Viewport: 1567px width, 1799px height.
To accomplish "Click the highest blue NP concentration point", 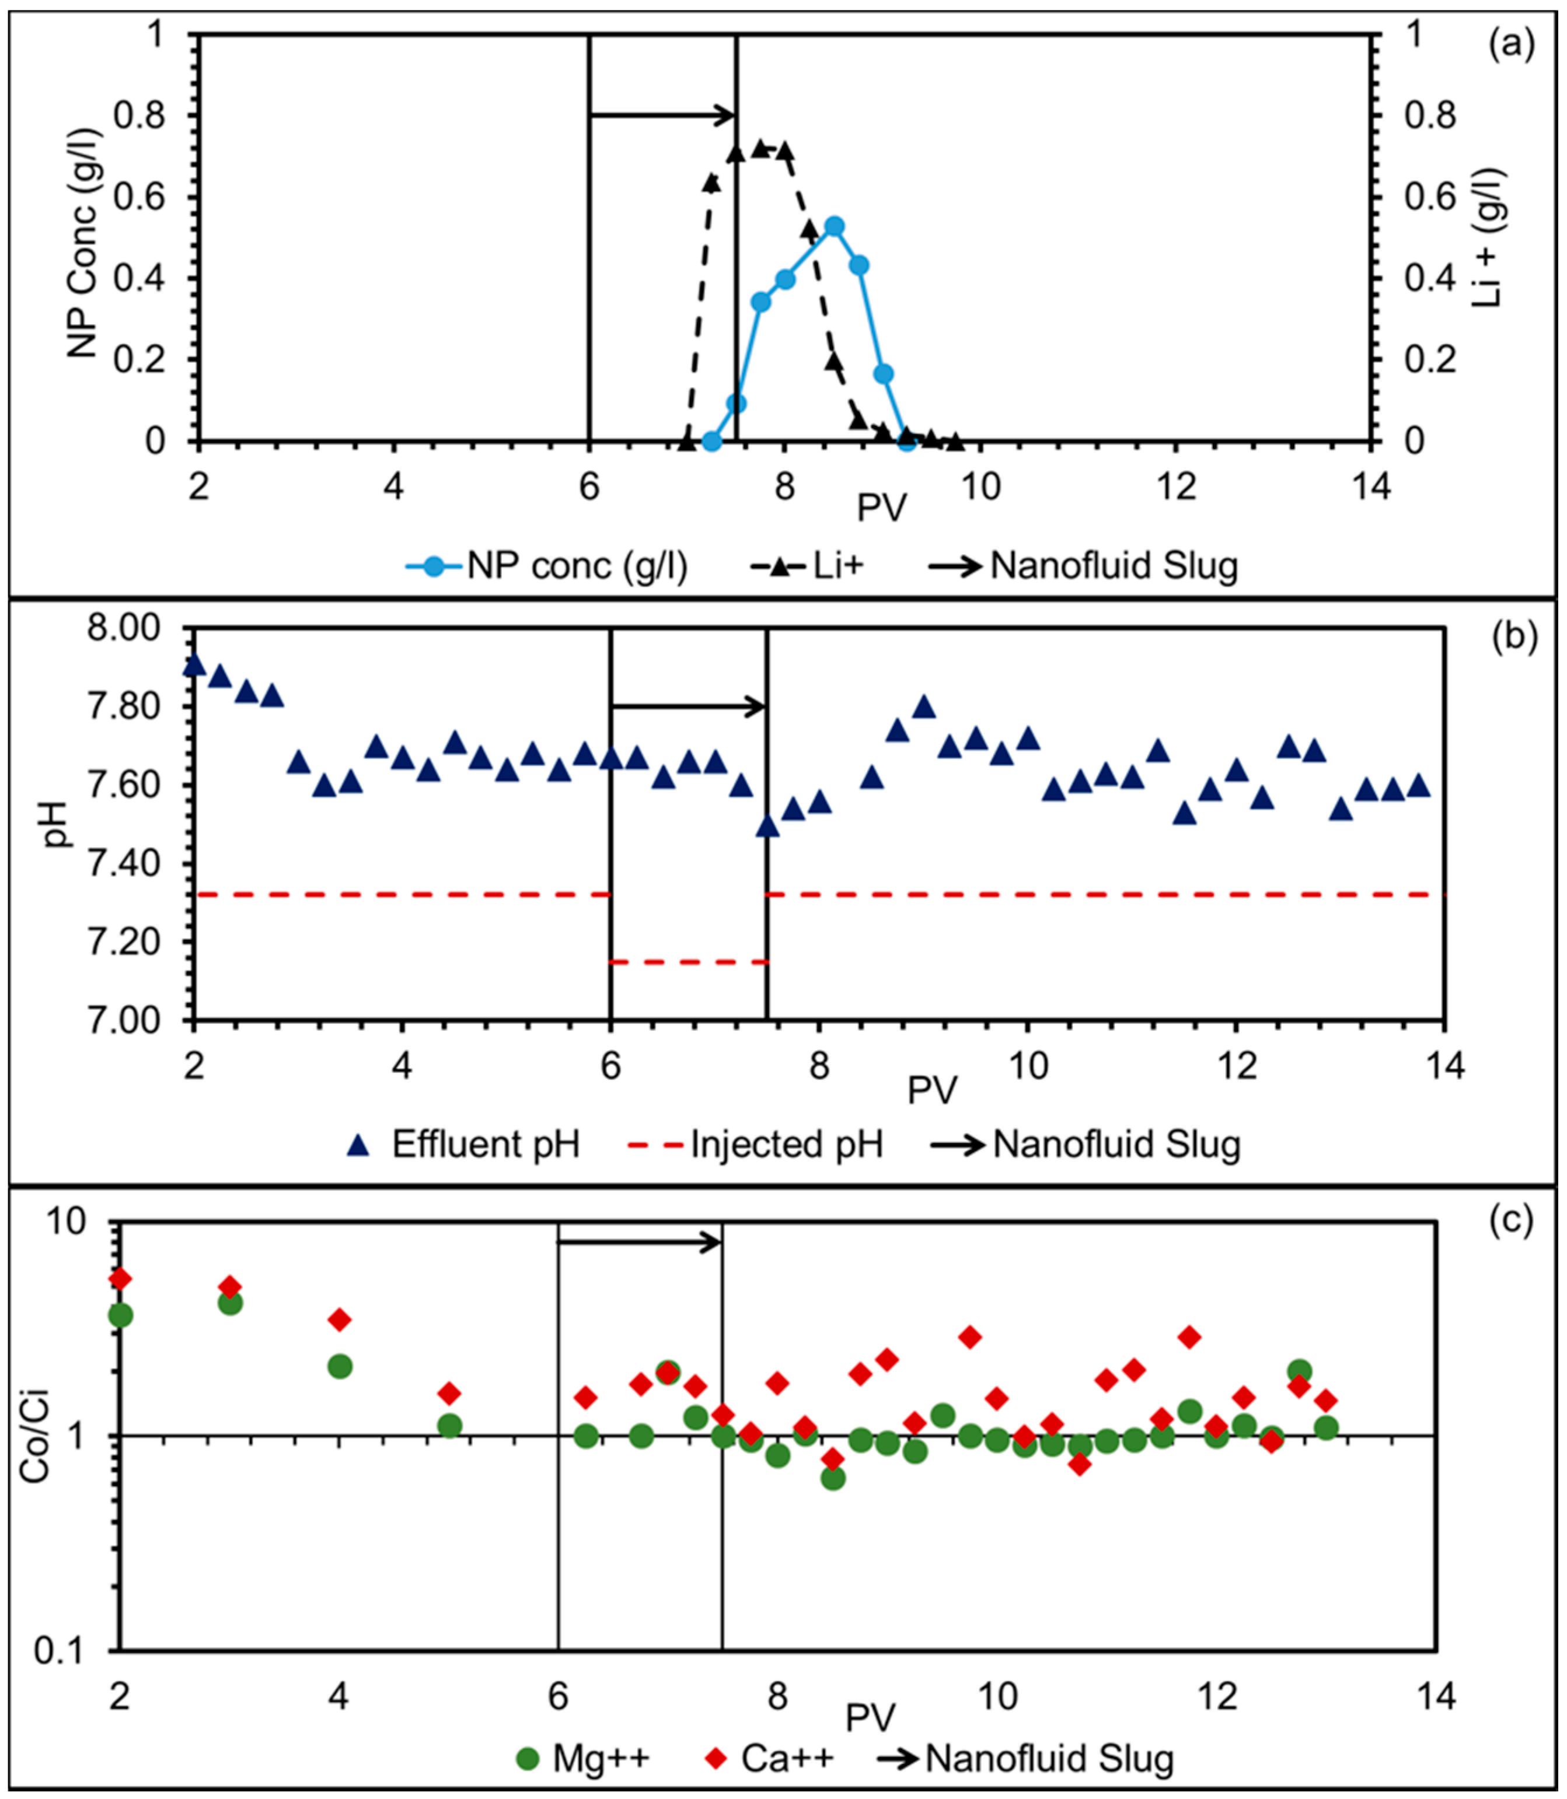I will (833, 226).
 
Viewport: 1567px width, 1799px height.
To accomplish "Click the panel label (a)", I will (1510, 44).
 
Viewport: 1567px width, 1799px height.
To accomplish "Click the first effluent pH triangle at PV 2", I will (194, 665).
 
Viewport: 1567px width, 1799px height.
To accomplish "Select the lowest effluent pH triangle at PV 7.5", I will (767, 826).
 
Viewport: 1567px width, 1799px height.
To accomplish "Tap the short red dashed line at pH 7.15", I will (688, 961).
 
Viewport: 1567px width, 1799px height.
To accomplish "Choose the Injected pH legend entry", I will (756, 1144).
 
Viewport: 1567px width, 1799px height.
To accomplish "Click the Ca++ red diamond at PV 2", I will (121, 1279).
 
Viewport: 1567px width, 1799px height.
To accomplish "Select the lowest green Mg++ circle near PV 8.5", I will (832, 1478).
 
